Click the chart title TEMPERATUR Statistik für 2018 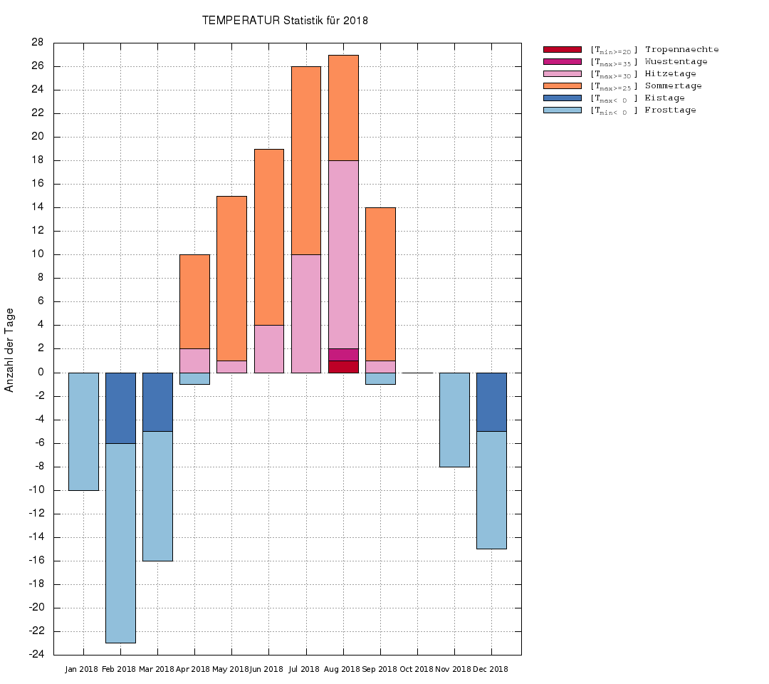[285, 20]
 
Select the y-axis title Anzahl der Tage [9, 350]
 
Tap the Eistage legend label [664, 98]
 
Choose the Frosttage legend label [670, 110]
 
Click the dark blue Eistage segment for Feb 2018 [120, 408]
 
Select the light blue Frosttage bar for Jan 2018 [83, 431]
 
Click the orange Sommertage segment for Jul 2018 [305, 160]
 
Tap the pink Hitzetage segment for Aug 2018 [343, 254]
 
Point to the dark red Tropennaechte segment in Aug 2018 [343, 367]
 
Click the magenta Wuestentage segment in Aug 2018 [343, 355]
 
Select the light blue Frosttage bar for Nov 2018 [454, 420]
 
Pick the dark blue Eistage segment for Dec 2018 [491, 402]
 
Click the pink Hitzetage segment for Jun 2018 [268, 348]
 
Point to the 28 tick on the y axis [38, 43]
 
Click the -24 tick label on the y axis [36, 654]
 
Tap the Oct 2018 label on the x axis [417, 669]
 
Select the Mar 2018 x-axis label [157, 669]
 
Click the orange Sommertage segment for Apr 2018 [194, 301]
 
